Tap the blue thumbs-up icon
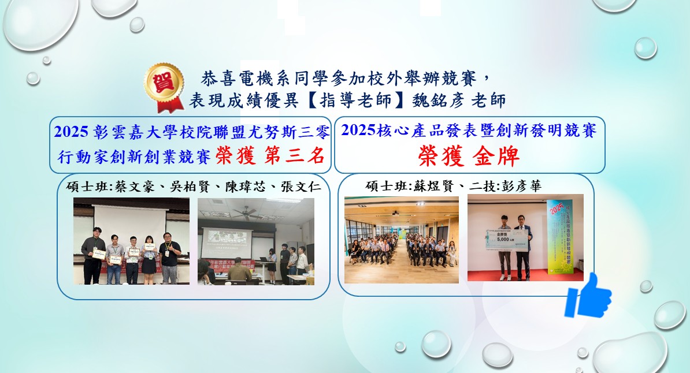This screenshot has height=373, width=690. [588, 296]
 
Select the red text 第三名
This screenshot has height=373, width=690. [293, 155]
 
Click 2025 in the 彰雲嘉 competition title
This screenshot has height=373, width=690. [72, 132]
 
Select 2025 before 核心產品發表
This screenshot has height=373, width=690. [358, 130]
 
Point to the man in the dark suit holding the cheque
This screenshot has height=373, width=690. [522, 248]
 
